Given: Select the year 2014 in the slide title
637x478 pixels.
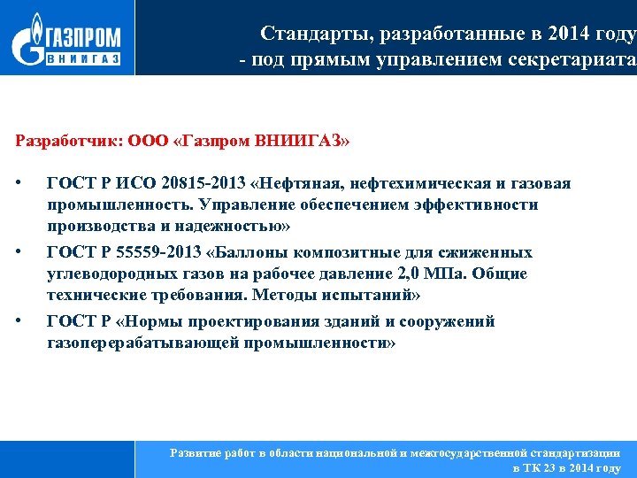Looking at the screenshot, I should tap(576, 34).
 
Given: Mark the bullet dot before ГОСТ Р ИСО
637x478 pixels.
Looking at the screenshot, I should tap(19, 183).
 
